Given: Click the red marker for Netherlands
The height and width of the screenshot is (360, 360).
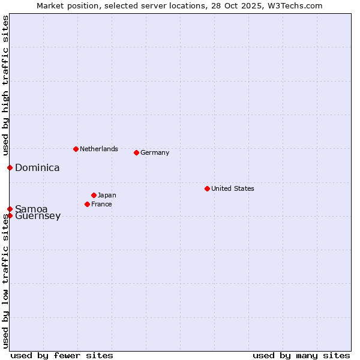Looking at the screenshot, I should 76,149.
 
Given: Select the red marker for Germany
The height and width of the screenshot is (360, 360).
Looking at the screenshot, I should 136,152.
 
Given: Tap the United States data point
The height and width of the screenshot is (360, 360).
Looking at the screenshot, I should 207,188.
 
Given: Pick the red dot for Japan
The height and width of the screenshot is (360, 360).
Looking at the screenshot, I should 94,195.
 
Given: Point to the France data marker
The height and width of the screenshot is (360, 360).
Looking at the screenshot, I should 87,204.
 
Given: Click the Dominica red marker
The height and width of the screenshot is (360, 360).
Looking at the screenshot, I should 10,167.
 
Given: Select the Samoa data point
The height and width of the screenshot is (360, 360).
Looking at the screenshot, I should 10,209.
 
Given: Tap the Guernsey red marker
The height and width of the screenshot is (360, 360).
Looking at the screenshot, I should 10,215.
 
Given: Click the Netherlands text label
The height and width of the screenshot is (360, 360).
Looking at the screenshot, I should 99,149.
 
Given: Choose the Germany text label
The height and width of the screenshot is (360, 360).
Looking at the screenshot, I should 155,152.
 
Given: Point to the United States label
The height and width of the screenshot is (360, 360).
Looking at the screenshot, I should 233,188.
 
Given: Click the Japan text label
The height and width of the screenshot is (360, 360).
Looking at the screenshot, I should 107,195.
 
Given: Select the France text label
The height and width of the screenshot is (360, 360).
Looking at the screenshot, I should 101,204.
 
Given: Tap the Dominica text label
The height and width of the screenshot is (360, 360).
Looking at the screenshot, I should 37,168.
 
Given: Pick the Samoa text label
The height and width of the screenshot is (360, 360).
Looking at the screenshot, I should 31,209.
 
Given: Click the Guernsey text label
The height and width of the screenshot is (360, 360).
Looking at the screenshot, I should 38,216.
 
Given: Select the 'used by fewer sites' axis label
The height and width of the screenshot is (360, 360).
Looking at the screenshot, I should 62,355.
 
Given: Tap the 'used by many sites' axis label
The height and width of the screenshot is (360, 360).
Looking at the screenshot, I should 301,355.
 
